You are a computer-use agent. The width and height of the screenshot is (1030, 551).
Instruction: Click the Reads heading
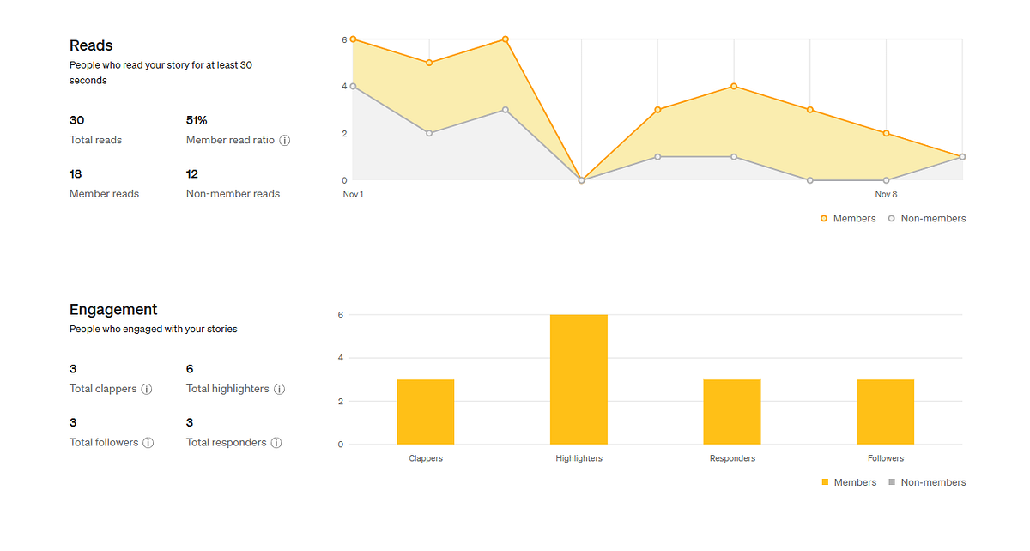[91, 45]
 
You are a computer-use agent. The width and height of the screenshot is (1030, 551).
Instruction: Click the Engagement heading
[113, 310]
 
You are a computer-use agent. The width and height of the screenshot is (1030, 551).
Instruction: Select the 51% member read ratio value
[197, 120]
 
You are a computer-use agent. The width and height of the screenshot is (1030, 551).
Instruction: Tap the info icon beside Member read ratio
[285, 140]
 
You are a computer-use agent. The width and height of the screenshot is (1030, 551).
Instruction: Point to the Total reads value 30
[76, 120]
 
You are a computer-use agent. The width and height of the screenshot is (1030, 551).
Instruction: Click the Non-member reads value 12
[191, 174]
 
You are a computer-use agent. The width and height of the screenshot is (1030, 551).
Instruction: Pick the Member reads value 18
[76, 174]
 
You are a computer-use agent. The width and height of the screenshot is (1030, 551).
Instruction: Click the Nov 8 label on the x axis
[886, 194]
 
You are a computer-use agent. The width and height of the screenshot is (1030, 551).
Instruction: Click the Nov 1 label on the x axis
[353, 194]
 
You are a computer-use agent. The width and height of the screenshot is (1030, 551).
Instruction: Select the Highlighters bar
[579, 379]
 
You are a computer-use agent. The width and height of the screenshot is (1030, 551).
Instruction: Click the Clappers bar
[426, 412]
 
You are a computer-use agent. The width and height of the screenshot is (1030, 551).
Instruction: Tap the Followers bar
[885, 412]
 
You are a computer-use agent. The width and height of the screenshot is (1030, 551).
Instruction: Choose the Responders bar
[732, 412]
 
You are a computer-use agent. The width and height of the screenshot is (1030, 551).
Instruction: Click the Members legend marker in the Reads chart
[824, 219]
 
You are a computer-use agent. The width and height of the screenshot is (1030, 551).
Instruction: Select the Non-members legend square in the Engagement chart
[892, 482]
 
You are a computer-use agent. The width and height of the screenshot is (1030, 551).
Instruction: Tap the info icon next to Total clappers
[146, 389]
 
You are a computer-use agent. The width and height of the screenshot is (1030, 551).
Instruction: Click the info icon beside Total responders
[276, 443]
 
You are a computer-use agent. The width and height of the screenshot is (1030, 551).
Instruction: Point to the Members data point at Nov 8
[886, 133]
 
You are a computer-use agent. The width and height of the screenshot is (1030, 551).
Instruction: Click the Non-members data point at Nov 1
[353, 86]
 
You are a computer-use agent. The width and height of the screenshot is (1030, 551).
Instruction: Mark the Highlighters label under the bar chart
[579, 458]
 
